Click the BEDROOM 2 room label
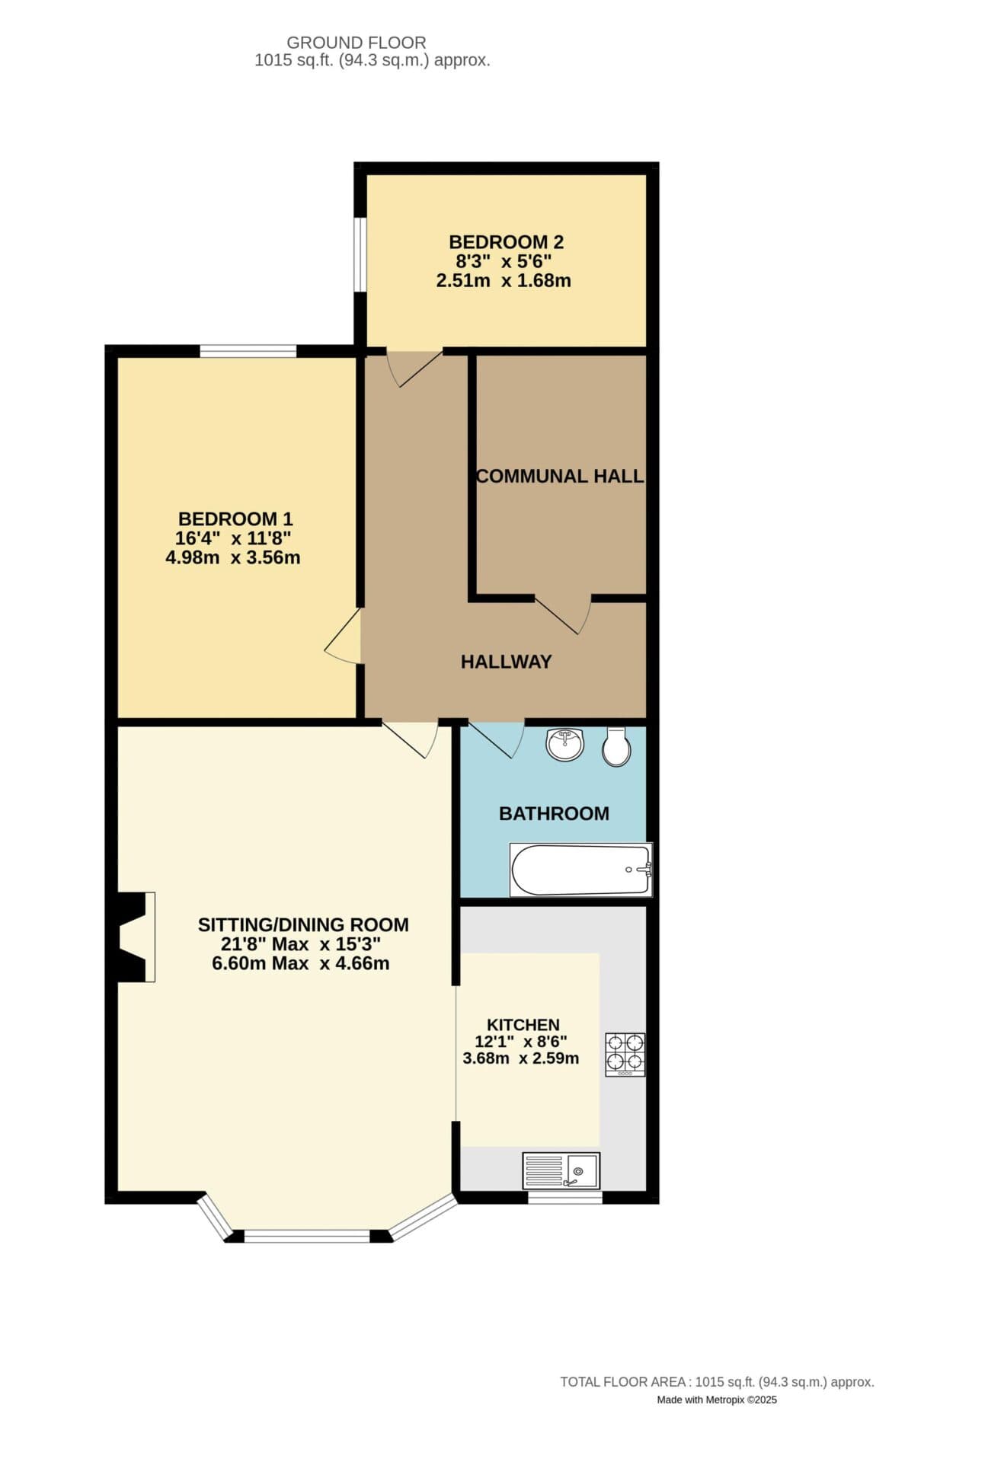coord(506,242)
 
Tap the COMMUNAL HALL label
coord(560,476)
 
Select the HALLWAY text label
coord(506,661)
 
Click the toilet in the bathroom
coord(616,747)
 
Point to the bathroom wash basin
coord(565,744)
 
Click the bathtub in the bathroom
coord(581,870)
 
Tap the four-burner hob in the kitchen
coord(625,1054)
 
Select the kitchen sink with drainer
coord(561,1170)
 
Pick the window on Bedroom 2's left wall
coord(360,254)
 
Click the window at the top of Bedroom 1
coord(248,351)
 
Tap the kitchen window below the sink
coord(565,1198)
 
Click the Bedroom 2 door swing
coord(414,369)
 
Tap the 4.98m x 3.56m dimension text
coord(233,557)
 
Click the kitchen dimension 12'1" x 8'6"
coord(521,1042)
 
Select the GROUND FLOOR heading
coord(357,43)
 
